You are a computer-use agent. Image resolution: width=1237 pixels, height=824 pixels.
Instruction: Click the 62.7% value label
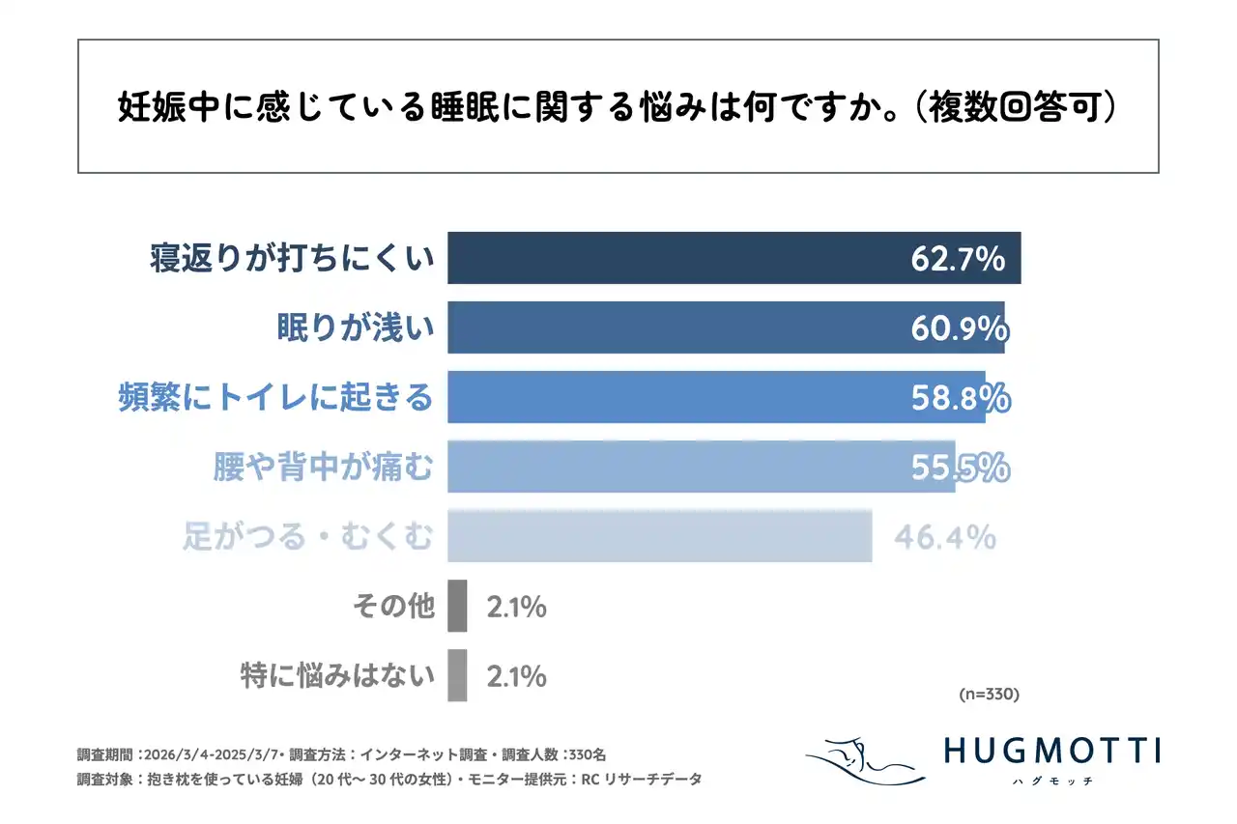[959, 259]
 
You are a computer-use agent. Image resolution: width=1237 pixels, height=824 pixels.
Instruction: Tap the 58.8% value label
[961, 398]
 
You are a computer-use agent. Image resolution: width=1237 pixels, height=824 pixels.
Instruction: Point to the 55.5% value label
[961, 468]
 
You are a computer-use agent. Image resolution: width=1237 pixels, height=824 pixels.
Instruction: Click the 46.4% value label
[944, 537]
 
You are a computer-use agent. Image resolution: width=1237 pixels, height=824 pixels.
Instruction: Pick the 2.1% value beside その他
[516, 608]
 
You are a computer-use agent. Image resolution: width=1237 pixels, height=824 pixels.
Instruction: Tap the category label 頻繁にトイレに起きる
[275, 398]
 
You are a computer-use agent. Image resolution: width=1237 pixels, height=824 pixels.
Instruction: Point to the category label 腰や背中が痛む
[323, 468]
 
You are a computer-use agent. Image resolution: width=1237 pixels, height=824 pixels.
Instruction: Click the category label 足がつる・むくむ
[308, 537]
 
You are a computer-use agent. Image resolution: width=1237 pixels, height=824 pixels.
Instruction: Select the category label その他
[393, 608]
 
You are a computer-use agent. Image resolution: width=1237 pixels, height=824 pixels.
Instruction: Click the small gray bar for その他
[457, 607]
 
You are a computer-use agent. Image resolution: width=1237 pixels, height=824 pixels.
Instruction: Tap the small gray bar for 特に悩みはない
[457, 676]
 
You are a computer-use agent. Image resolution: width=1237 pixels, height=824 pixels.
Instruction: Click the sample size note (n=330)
[989, 694]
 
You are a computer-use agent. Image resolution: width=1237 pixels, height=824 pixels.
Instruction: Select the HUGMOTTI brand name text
[1051, 750]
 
